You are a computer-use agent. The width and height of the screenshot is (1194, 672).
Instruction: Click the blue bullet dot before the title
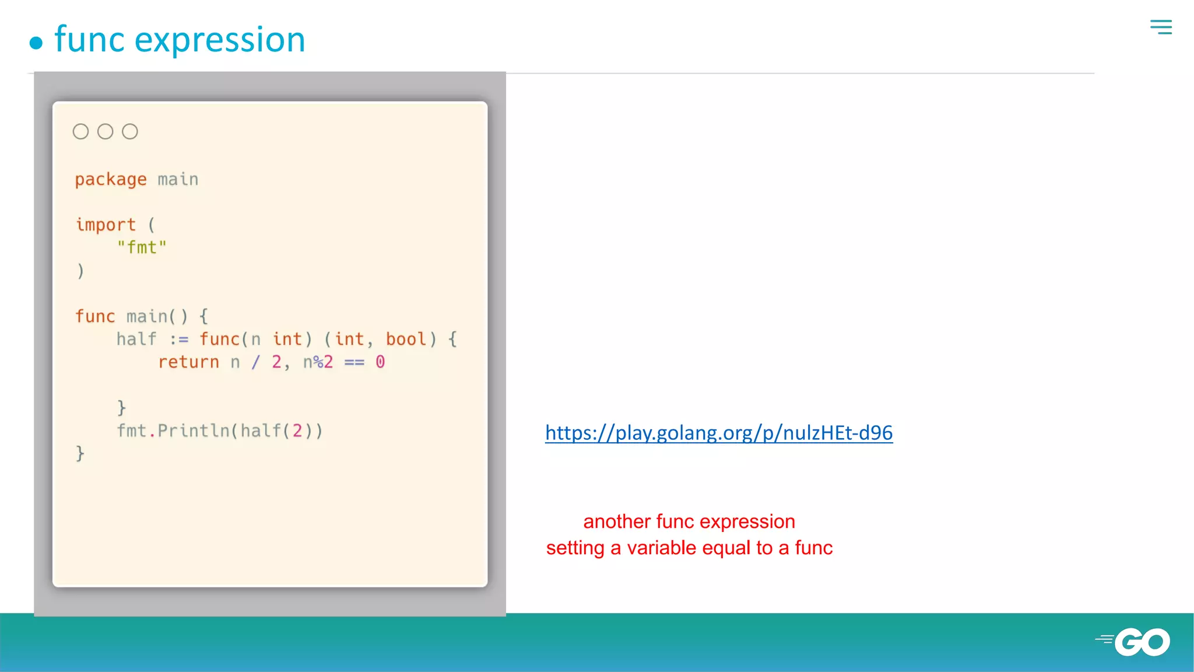36,43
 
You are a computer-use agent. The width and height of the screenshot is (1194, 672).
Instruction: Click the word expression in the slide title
220,40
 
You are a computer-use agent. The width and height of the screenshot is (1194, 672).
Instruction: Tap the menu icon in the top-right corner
1161,27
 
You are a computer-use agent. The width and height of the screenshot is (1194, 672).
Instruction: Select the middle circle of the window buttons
105,132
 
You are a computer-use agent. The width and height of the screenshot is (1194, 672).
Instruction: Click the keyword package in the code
111,180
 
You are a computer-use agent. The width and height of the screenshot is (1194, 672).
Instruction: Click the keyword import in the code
106,225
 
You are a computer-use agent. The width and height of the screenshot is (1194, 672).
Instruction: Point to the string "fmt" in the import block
142,248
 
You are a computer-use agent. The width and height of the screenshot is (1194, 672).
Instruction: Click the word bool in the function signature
406,339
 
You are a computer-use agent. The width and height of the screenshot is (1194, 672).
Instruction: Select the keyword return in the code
188,362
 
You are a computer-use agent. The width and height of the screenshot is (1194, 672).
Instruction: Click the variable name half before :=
136,339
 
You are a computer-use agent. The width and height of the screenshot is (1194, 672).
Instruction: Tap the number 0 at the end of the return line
380,362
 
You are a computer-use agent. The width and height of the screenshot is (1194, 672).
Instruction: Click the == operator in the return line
354,363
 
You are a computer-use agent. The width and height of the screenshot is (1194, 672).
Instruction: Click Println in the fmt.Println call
194,431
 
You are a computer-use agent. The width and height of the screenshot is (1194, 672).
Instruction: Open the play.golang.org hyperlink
718,433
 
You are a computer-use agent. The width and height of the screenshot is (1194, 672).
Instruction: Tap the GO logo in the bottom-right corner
1141,642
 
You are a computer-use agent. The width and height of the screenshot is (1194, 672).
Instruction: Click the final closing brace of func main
80,454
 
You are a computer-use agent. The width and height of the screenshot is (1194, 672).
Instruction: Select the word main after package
178,180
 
